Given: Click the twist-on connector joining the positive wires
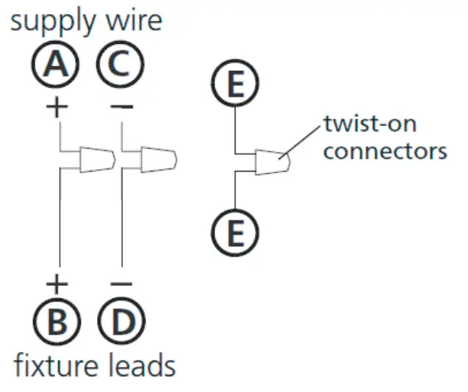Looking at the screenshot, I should pos(97,160).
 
